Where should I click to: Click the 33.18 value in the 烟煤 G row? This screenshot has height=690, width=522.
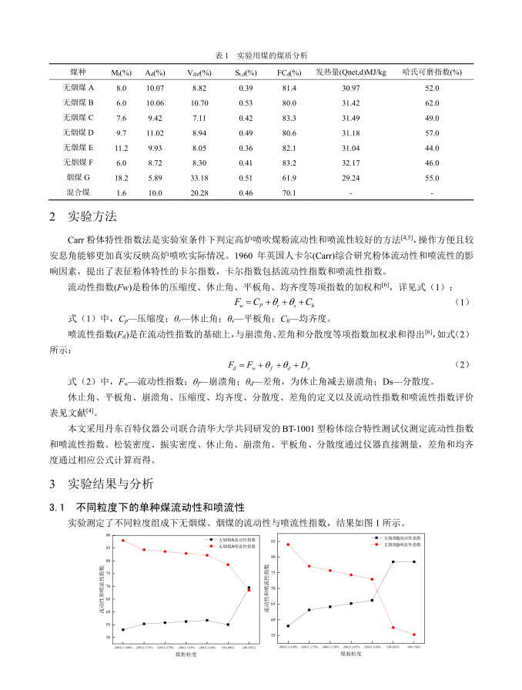pyautogui.click(x=199, y=176)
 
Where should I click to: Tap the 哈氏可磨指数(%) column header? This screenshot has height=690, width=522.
pyautogui.click(x=432, y=72)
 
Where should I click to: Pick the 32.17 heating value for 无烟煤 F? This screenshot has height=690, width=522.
pyautogui.click(x=351, y=162)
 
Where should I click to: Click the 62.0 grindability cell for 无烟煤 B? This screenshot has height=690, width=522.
pyautogui.click(x=432, y=103)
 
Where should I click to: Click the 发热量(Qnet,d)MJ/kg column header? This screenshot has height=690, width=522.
pyautogui.click(x=351, y=72)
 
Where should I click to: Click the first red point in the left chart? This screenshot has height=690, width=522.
pyautogui.click(x=123, y=540)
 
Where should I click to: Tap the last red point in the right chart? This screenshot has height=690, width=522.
pyautogui.click(x=413, y=635)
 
